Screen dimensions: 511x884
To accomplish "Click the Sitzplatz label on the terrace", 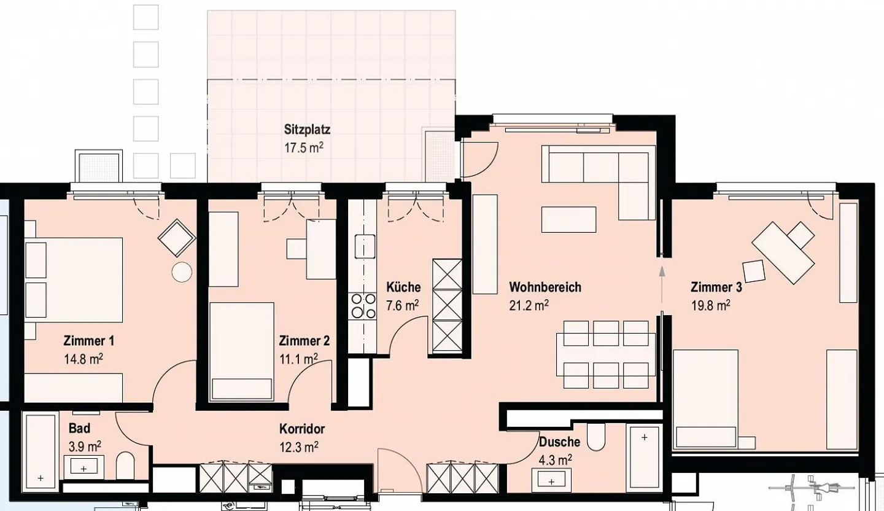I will (307, 130).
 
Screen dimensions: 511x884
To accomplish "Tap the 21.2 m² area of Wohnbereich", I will (529, 305).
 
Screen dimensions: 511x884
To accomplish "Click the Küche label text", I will (403, 287).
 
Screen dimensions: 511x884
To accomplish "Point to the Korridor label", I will (301, 429).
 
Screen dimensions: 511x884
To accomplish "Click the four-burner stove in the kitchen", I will (363, 306).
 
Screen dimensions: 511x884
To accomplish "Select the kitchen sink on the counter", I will (364, 247).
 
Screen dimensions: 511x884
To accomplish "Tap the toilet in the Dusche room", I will (595, 436).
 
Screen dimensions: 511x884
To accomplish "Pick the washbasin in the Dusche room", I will (552, 479).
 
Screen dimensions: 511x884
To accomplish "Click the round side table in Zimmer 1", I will (182, 271).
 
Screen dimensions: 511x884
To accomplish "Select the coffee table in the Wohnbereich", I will (568, 219).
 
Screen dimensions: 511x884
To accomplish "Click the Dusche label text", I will (559, 442).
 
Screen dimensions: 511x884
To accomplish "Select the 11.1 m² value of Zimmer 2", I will (298, 358).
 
